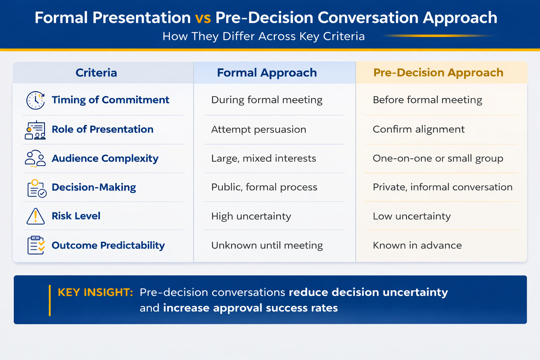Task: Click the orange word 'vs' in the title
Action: (x=203, y=18)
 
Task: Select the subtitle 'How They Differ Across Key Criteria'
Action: (x=263, y=36)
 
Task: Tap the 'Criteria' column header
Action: (x=96, y=73)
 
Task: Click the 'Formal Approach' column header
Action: (x=266, y=73)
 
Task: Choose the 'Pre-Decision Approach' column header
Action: (x=438, y=73)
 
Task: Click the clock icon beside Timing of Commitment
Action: (x=36, y=100)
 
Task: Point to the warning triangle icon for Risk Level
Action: (x=36, y=216)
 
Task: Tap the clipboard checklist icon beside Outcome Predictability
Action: (x=36, y=245)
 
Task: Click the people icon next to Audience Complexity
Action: (x=35, y=159)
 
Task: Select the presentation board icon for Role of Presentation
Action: (x=35, y=130)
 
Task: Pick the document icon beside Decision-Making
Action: (x=36, y=188)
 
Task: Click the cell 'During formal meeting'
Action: (x=266, y=100)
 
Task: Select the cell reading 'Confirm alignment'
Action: (x=418, y=129)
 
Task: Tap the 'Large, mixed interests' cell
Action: (x=263, y=159)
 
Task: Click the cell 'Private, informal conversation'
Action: (x=442, y=187)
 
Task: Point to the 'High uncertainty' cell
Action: (x=251, y=216)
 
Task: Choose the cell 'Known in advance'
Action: (x=417, y=245)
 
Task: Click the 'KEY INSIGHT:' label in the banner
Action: (x=95, y=292)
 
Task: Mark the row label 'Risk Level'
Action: (x=76, y=216)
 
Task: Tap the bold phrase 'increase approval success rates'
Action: (x=250, y=308)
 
